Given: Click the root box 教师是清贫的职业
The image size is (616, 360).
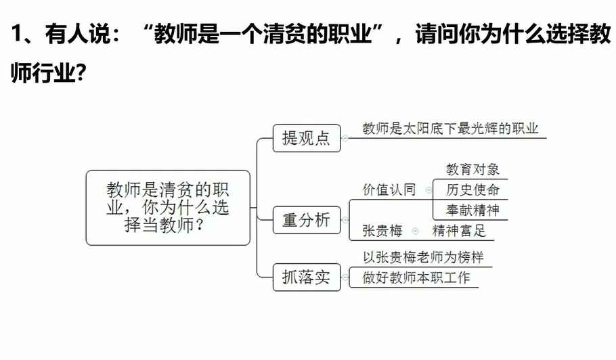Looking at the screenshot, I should [168, 207].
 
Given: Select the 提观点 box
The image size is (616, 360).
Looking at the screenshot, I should [306, 138].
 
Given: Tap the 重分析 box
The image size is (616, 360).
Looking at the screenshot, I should [306, 220].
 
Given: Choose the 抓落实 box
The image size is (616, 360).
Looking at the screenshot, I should [306, 277].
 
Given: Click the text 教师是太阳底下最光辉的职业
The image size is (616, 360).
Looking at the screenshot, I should [450, 129].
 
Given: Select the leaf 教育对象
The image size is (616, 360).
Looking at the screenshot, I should [472, 169].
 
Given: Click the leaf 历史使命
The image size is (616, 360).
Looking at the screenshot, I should [472, 189].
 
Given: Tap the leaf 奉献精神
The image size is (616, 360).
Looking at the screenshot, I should [472, 210].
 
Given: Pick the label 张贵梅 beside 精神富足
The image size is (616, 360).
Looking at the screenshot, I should [382, 231].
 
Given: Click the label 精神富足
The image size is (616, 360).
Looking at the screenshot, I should [459, 231].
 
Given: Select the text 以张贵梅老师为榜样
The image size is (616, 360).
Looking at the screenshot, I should [423, 258].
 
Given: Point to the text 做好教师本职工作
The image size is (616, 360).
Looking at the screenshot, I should [416, 277].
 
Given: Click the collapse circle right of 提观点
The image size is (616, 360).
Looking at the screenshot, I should [345, 138].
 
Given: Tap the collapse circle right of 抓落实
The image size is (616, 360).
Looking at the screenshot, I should [345, 277].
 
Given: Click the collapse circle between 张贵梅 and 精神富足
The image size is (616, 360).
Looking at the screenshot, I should [416, 231].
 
